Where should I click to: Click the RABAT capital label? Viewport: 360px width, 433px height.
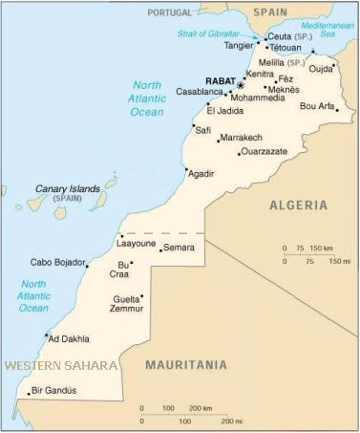click(222, 81)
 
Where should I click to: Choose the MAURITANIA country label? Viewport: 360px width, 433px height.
click(186, 364)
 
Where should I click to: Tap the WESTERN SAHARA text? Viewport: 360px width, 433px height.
click(61, 365)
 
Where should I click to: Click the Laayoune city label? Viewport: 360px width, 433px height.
click(136, 243)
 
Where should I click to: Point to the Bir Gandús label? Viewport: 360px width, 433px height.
click(53, 390)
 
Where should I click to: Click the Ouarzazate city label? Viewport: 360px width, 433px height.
click(265, 152)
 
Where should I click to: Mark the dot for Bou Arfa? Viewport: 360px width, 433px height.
click(336, 111)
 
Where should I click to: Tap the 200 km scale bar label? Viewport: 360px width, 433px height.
click(201, 408)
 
